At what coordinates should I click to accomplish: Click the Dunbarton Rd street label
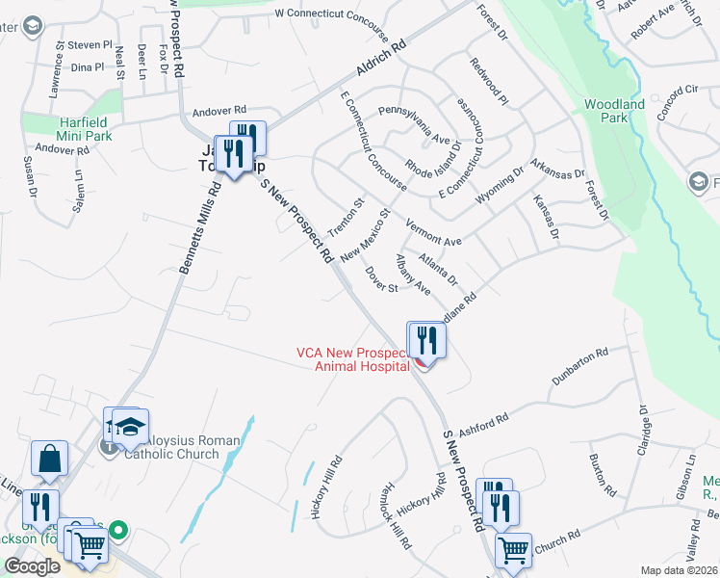581,368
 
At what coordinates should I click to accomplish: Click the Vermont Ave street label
434,233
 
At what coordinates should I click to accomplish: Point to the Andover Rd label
219,111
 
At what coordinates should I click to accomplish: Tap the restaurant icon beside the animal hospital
424,339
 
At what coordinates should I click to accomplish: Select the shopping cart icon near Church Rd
513,551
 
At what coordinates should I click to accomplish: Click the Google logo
32,566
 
